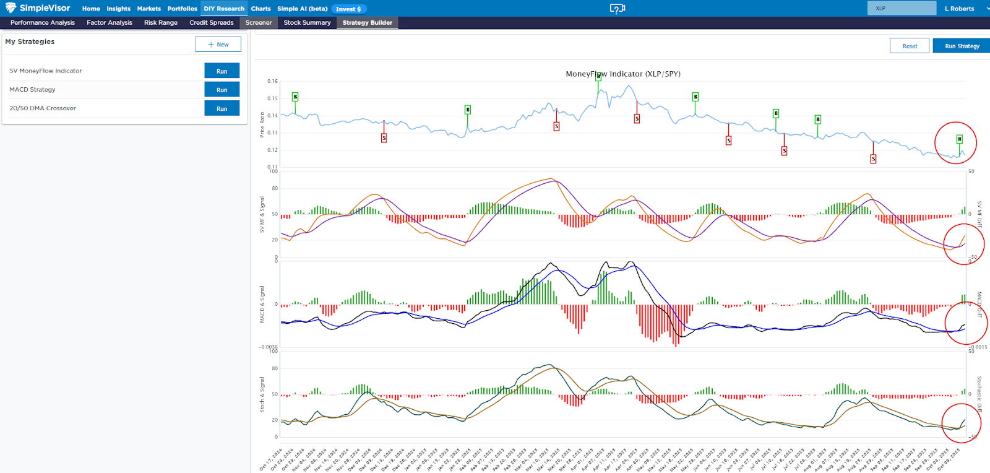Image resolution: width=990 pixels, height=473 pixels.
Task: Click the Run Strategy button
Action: coord(962,46)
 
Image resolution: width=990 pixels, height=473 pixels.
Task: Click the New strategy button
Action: coord(218,45)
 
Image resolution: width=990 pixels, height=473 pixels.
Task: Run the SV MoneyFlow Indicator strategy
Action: coord(222,71)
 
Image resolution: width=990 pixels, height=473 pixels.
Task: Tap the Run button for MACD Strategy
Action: coord(222,90)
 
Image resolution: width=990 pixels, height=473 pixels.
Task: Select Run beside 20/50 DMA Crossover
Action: coord(222,108)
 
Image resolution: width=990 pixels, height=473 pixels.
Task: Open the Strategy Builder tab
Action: coord(368,23)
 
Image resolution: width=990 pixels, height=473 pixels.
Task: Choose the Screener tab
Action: coord(259,23)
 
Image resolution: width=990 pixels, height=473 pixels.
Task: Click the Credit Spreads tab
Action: coord(212,23)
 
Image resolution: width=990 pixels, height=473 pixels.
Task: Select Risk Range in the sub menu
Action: coord(161,23)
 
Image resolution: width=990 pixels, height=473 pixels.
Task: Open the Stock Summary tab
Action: coord(307,23)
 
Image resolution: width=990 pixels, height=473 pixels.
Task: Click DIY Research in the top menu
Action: coord(224,9)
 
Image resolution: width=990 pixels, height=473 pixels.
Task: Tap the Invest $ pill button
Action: coord(348,9)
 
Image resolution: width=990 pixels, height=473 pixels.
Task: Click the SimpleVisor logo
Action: coord(38,8)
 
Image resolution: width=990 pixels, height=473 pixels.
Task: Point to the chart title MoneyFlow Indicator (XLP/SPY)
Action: coord(623,74)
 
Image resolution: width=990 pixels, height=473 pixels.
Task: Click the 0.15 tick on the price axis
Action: coord(272,98)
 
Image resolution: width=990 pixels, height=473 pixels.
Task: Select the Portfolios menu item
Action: coord(182,9)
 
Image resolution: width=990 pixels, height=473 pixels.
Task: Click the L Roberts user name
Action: coord(959,9)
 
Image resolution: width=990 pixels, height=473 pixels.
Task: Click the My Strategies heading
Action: coord(30,41)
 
